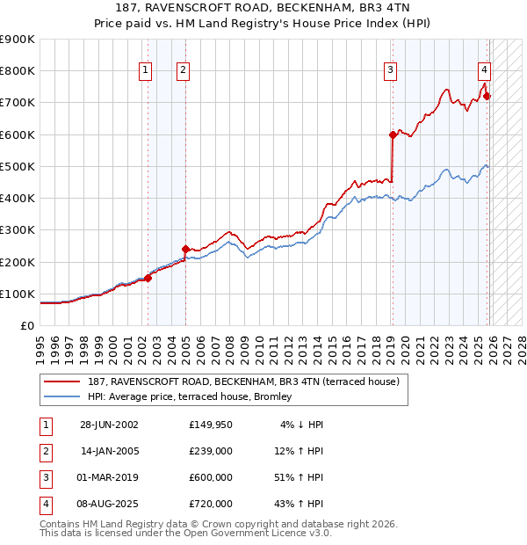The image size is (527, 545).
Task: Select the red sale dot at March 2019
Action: pos(393,134)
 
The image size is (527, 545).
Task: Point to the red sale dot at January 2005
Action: pos(185,250)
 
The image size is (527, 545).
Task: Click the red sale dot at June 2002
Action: pos(148,279)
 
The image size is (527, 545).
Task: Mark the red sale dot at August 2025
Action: pos(487,97)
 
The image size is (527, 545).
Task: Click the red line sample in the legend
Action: pos(63,382)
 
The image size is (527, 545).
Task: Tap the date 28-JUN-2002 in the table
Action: pos(109,425)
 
